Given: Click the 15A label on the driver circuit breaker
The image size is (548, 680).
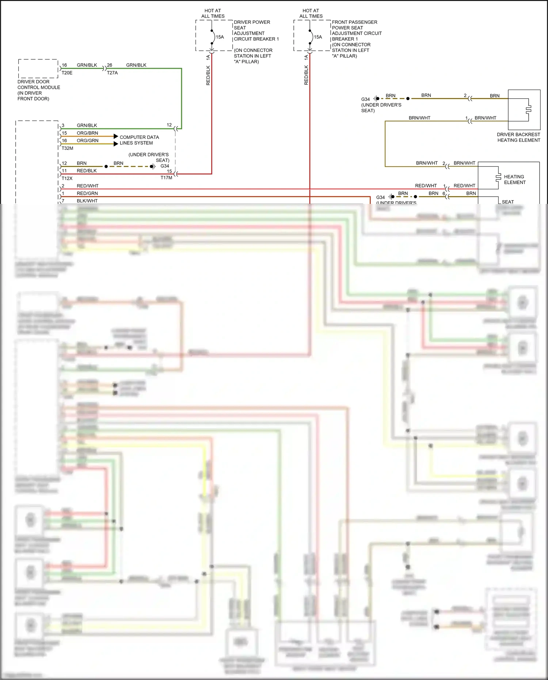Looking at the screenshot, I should coord(220,37).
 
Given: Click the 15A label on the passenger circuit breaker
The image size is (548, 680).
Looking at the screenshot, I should coord(318,37).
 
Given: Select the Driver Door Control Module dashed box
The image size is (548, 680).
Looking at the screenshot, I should coord(38,68).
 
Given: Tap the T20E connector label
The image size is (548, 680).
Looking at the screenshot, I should coord(67,73).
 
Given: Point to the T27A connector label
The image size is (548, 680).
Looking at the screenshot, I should coord(112,73).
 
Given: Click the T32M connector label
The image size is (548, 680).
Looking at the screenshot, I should coord(67,148).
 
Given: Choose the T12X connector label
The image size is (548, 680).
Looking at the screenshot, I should coord(67,178).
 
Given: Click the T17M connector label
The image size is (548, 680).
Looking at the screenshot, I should coord(166,178).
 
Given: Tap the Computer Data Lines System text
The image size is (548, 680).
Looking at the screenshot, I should coord(139,140).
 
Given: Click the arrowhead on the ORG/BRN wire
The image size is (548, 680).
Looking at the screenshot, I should coord(116,136).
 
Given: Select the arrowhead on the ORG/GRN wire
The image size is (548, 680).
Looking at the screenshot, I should coord(116,144).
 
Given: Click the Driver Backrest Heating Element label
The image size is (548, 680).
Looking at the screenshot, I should coord(518,137).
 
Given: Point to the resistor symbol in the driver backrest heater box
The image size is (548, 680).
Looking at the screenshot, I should coord(528,109).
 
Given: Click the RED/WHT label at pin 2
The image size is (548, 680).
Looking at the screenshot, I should coord(87,186).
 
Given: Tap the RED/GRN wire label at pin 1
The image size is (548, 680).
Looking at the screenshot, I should coord(87,193).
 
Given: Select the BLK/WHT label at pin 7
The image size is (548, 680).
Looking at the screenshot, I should coord(87,201).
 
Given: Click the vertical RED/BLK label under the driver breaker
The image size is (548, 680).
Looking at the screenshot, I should coord(208,75).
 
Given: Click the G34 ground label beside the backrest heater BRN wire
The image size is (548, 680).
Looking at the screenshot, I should coord(365,99).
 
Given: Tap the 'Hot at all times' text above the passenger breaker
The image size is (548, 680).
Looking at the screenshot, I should coord(311,14).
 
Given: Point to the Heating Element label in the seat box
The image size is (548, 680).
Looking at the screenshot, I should coord(514,179).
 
